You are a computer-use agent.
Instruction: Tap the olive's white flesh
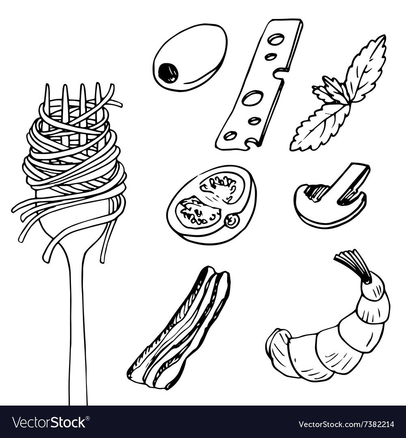(x=196, y=50)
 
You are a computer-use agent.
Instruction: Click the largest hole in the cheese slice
(x=253, y=98)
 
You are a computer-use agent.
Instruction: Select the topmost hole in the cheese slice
(x=276, y=39)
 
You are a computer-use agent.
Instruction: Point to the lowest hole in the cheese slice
(x=231, y=135)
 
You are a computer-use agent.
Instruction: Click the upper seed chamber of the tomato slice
(x=222, y=187)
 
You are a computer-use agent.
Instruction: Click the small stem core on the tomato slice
(x=233, y=220)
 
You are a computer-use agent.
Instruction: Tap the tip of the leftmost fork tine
(x=48, y=85)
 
